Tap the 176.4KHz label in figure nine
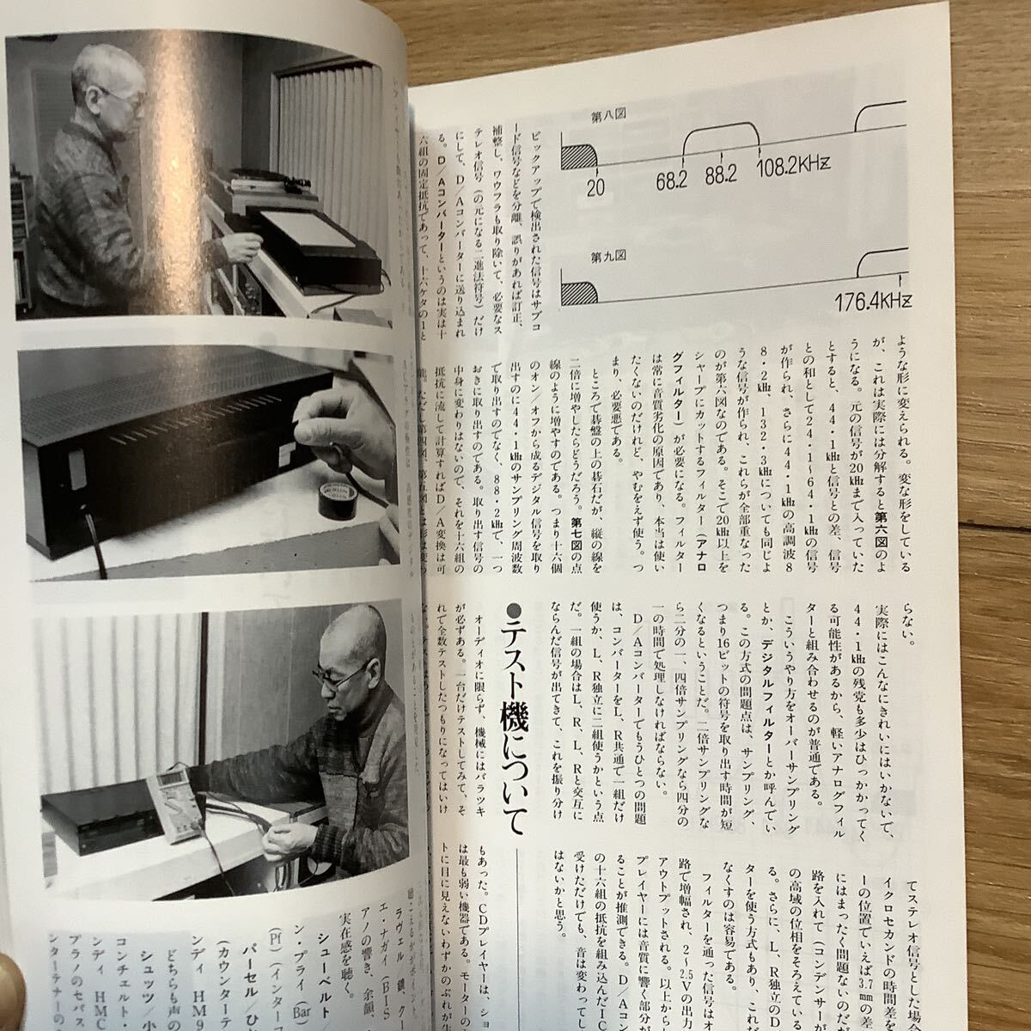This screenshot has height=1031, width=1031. pos(873,302)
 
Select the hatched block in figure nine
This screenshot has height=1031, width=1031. pos(580,293)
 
